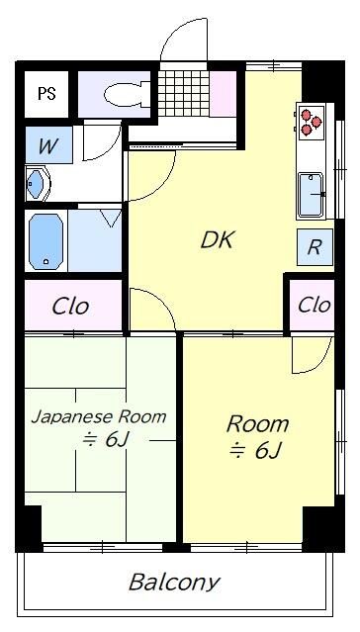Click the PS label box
coord(45,94)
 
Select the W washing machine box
coord(47,144)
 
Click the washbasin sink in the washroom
coord(41,184)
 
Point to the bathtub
coord(45,241)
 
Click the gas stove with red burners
coord(313,120)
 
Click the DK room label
coord(217,239)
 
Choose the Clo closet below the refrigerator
coord(314,305)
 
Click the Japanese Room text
coord(98,416)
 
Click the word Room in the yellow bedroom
coord(257,424)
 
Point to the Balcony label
coord(174,582)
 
